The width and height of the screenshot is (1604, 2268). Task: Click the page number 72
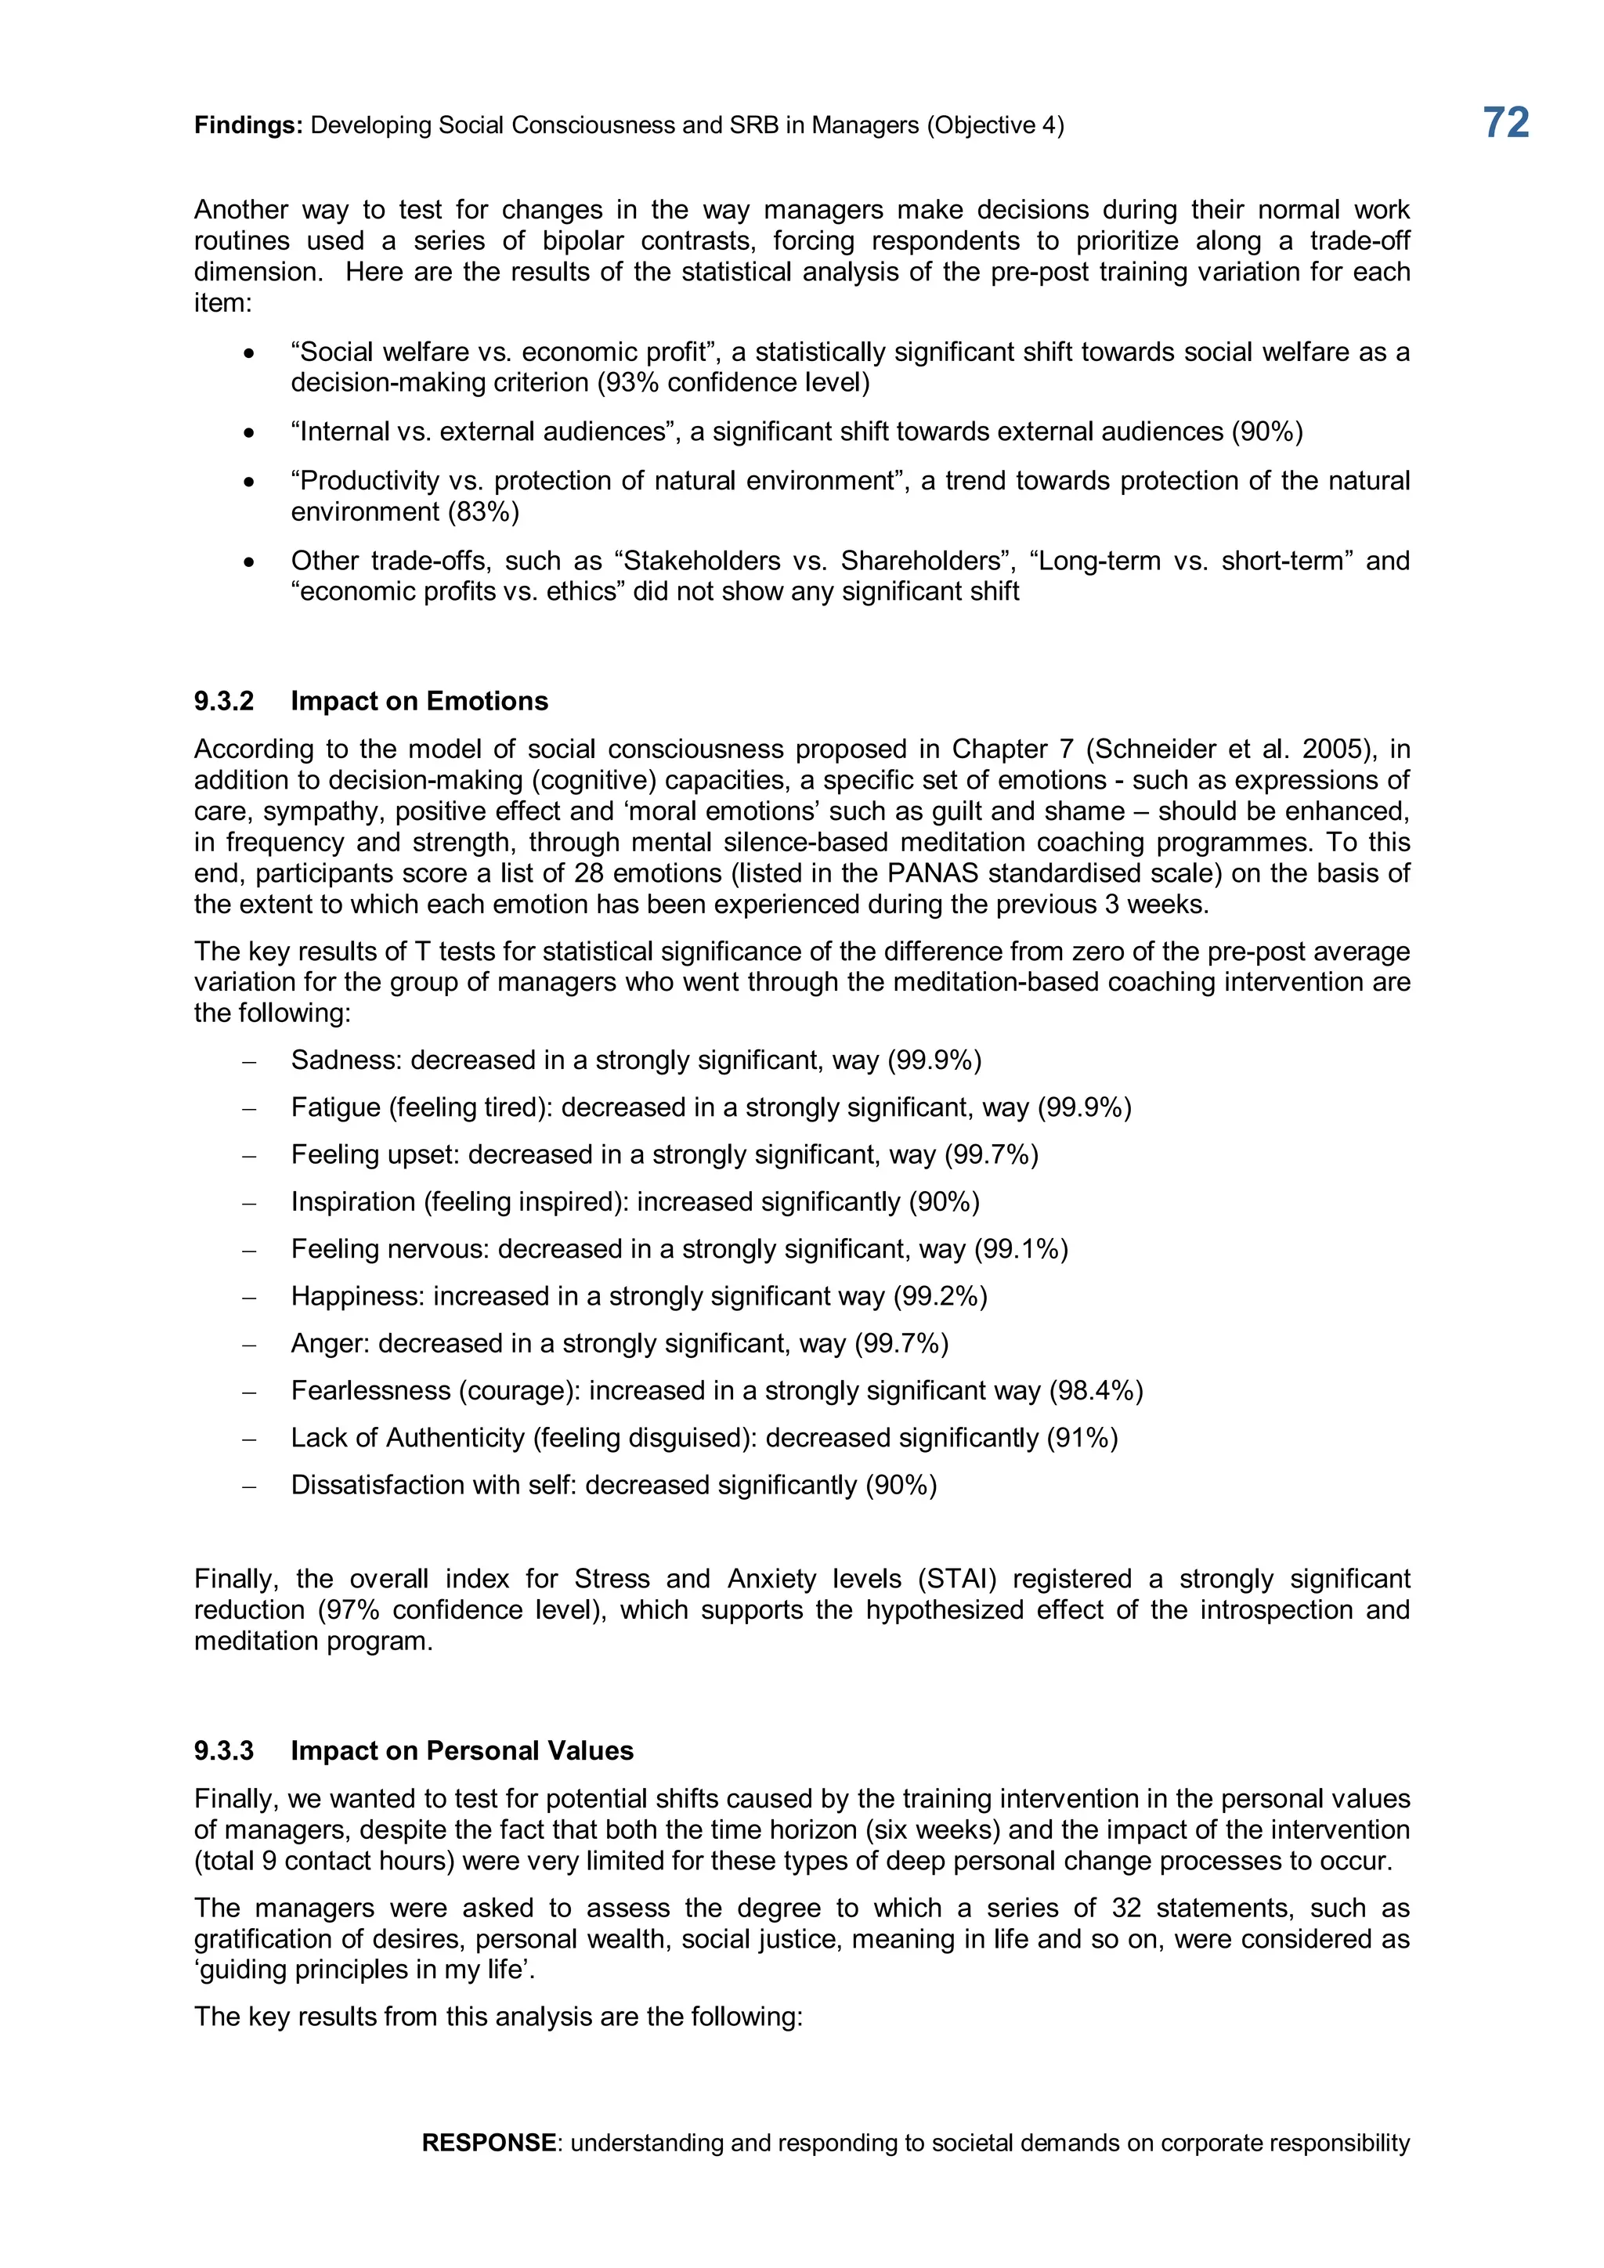click(1505, 122)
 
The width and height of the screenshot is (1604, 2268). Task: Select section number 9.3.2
click(224, 702)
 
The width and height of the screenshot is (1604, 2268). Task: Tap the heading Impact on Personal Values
click(461, 1751)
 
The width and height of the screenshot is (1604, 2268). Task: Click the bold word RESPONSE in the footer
click(488, 2143)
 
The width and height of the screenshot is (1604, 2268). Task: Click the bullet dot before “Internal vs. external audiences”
click(249, 432)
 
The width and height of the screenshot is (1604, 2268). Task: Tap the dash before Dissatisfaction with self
click(249, 1486)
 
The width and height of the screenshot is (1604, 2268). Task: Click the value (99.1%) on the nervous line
click(1021, 1250)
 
